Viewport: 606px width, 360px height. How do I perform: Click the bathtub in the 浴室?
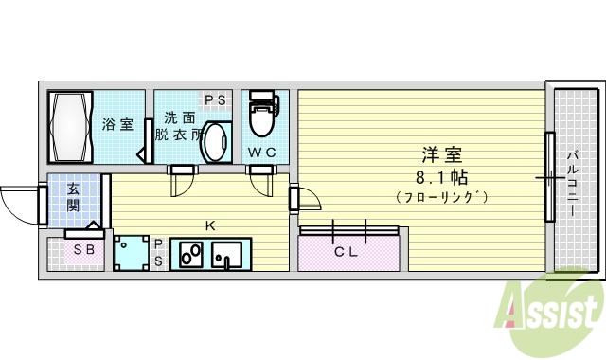point(70,127)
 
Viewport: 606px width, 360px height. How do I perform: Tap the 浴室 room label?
point(118,125)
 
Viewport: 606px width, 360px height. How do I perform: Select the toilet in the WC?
point(260,117)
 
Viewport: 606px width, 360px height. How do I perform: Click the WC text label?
point(261,153)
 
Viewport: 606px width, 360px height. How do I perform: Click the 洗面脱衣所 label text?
point(179,126)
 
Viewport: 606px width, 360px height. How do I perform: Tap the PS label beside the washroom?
point(215,99)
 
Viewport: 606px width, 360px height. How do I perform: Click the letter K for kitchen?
point(210,225)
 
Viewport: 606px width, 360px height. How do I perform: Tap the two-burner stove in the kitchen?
point(190,255)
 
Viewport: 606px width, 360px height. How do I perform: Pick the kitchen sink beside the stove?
point(228,255)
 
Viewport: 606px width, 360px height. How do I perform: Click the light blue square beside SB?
point(131,252)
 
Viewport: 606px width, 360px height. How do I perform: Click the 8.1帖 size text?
point(441,177)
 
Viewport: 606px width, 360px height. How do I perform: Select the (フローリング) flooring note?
point(441,197)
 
